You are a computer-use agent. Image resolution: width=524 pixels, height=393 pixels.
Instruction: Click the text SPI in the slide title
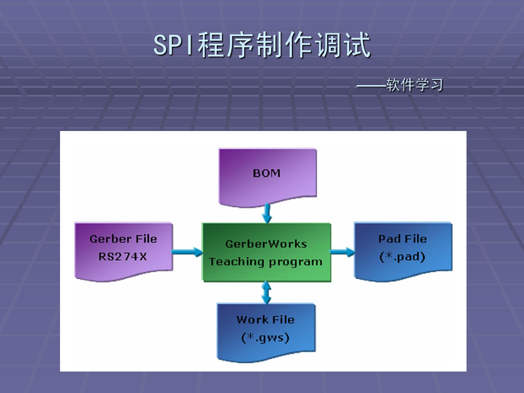pos(174,45)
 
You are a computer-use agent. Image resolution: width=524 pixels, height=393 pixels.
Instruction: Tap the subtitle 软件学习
pos(414,85)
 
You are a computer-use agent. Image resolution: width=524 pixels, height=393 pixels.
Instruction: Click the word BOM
pos(267,173)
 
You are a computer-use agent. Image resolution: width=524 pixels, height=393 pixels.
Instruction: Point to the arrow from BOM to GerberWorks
pos(267,213)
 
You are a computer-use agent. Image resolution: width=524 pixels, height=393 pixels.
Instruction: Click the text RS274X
pos(123,257)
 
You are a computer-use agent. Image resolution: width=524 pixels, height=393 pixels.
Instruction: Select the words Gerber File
pos(123,239)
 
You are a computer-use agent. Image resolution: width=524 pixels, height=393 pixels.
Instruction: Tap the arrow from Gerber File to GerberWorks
pos(187,252)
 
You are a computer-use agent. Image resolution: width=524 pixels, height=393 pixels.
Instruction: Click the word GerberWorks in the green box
pos(266,244)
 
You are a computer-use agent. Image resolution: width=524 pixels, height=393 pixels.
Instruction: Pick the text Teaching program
pos(266,262)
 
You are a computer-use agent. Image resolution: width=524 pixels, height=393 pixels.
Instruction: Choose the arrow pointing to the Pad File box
pos(342,252)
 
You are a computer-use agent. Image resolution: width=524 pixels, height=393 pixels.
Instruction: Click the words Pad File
pos(402,239)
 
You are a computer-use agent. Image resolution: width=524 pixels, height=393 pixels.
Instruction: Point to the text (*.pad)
pos(402,257)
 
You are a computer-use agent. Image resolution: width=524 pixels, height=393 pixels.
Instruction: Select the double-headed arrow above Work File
pos(266,293)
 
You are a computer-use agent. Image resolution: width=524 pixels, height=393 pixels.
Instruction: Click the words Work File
pos(266,320)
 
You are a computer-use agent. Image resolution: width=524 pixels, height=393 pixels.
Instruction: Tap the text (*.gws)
pos(265,338)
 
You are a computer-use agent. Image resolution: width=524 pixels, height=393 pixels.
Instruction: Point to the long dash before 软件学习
pos(371,86)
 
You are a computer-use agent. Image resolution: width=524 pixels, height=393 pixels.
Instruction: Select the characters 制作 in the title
pos(284,45)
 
